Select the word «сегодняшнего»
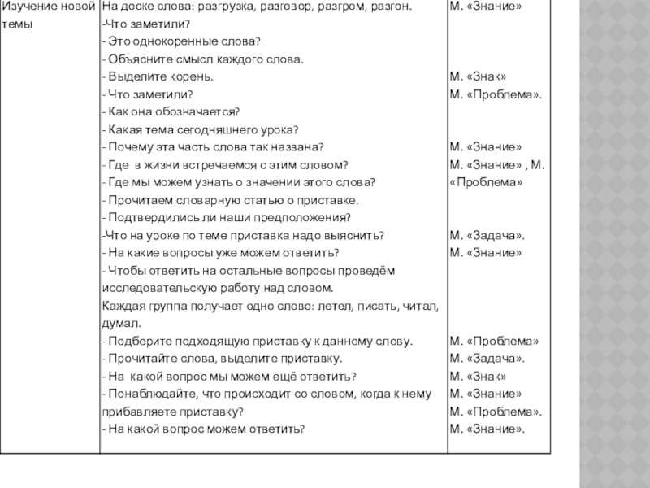pos(222,129)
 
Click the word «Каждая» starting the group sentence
pos(121,306)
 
